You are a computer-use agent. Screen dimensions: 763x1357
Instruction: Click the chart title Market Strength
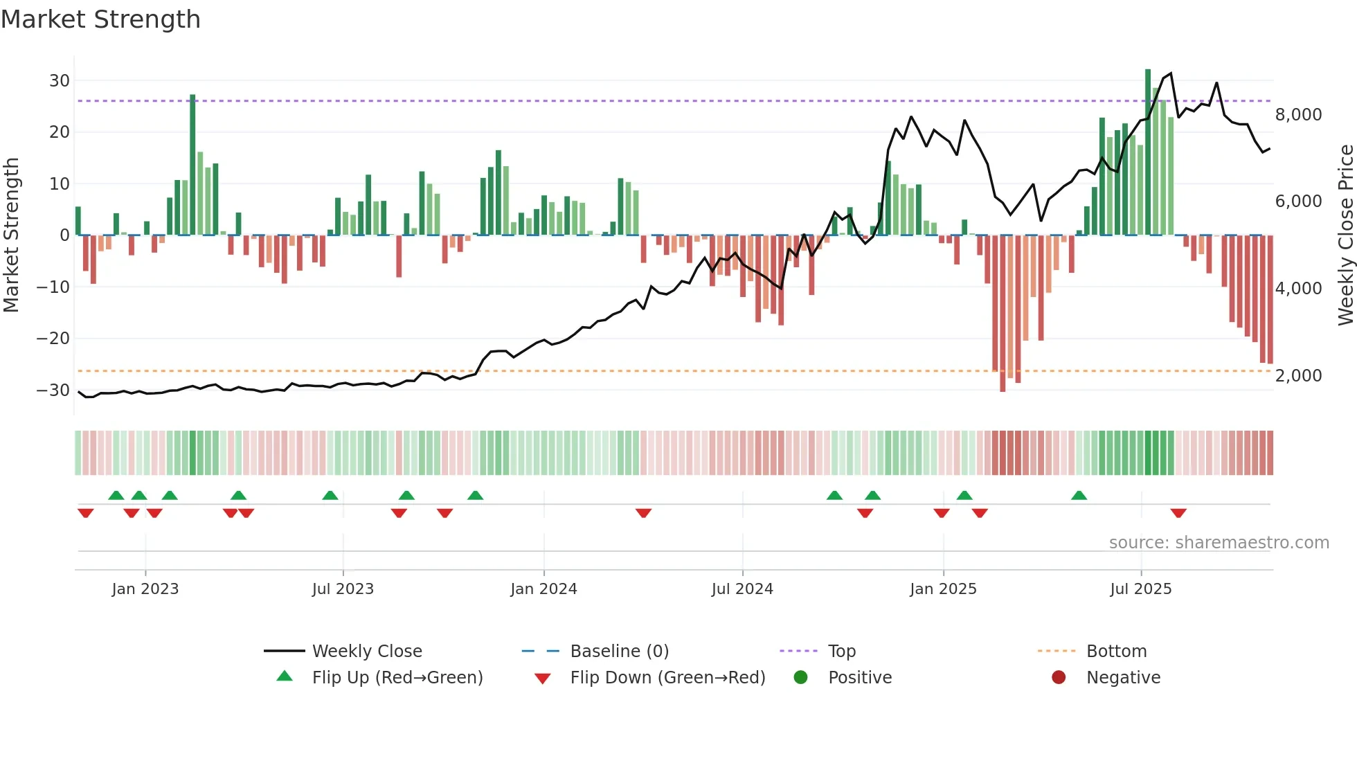click(100, 19)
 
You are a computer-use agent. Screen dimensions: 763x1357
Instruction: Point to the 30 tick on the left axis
click(60, 80)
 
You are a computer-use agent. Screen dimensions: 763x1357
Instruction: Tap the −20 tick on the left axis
click(53, 339)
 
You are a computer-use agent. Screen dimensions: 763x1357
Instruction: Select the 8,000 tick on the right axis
click(1298, 115)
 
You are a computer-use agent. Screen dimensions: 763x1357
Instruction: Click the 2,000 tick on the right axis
click(1298, 376)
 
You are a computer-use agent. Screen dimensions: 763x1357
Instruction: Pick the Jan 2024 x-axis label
click(543, 589)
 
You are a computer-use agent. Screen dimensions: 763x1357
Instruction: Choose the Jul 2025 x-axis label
click(1140, 589)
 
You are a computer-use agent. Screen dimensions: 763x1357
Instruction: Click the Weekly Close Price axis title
click(1345, 235)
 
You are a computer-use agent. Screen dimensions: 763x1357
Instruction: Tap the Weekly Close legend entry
click(366, 652)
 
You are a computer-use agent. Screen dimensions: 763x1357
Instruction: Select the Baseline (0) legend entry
click(619, 652)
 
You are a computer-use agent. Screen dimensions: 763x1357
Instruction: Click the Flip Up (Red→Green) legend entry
click(397, 678)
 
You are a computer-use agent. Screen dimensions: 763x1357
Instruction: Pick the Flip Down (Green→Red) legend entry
click(667, 678)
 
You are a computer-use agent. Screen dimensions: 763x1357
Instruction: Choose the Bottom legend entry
click(1116, 652)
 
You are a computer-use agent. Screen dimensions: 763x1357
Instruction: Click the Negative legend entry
click(1123, 678)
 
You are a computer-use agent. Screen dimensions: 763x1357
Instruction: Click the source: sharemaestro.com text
click(1219, 543)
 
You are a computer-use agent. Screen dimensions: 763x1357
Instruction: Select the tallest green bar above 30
click(1148, 152)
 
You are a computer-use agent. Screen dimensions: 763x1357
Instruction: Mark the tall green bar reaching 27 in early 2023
click(192, 165)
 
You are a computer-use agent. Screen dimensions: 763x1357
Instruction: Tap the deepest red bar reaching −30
click(1003, 313)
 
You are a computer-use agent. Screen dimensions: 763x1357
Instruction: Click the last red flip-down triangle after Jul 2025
click(1178, 513)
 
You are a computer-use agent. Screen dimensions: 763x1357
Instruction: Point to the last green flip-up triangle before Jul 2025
click(1079, 496)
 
